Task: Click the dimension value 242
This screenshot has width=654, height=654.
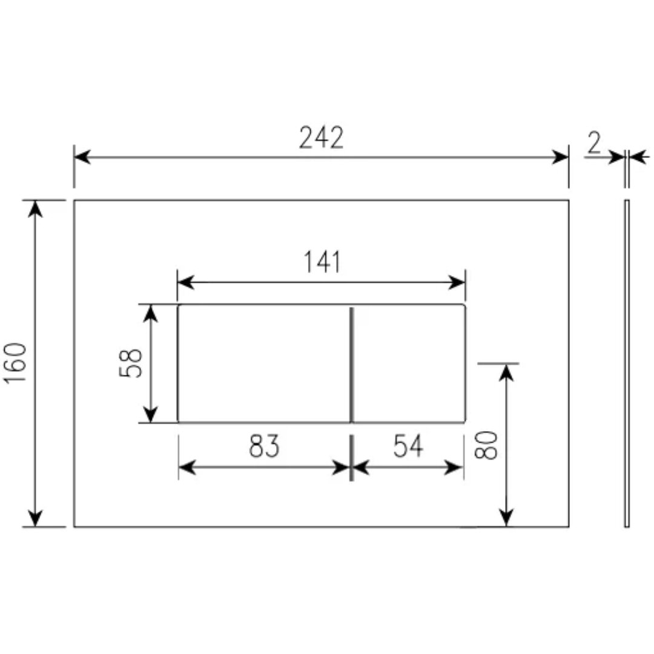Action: (x=321, y=137)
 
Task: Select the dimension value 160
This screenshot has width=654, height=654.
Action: (x=15, y=363)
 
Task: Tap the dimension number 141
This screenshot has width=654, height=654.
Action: (x=322, y=262)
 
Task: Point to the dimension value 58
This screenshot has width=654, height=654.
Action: (x=131, y=363)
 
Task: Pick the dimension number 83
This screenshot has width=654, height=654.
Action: (x=264, y=446)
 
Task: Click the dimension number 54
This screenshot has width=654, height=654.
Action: (x=408, y=446)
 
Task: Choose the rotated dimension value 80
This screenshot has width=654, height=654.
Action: (x=486, y=445)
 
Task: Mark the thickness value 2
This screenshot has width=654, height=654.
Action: (x=594, y=142)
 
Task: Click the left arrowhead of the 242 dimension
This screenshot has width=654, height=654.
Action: (x=82, y=157)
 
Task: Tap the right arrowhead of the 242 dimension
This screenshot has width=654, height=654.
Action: (x=560, y=157)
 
